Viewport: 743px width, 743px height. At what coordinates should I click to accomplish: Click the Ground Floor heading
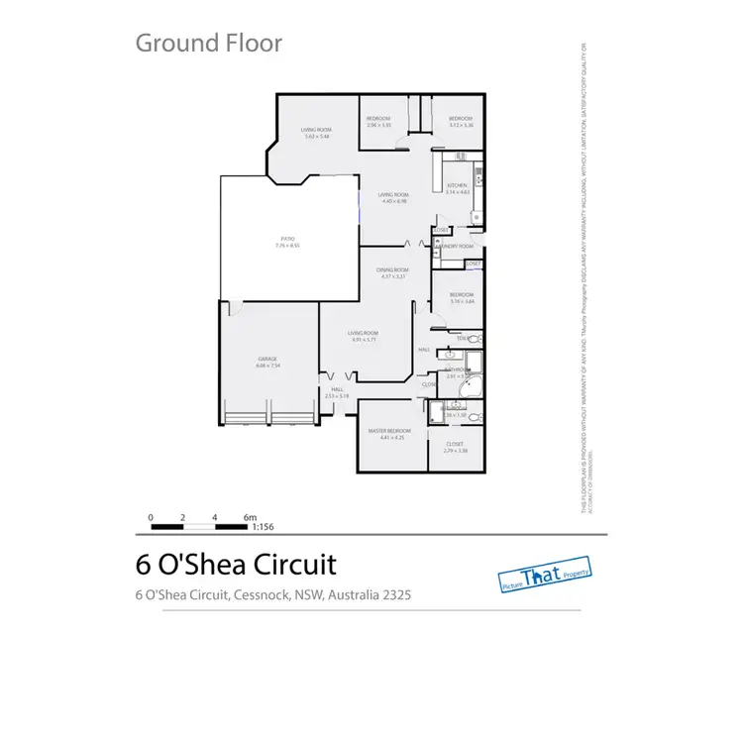(208, 43)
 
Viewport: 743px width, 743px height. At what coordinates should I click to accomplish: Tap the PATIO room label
(288, 241)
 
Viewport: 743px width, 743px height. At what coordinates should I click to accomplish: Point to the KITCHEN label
(457, 186)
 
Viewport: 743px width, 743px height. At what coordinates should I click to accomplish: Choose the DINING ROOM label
(392, 270)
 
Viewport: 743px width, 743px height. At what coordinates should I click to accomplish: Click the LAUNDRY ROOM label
(457, 245)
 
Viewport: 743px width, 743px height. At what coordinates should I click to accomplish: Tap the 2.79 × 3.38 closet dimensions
(455, 451)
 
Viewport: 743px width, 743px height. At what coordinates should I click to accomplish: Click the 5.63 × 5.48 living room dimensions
(316, 137)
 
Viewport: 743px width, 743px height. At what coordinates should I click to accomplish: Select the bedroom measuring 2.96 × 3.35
(379, 122)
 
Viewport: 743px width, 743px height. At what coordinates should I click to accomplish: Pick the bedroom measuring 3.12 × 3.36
(461, 122)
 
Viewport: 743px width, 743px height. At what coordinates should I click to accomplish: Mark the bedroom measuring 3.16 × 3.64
(461, 297)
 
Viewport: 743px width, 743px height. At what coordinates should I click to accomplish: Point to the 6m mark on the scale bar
(251, 516)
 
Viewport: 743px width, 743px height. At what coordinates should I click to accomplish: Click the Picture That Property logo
(544, 578)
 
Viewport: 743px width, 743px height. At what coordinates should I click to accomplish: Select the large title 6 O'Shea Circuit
(236, 565)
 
